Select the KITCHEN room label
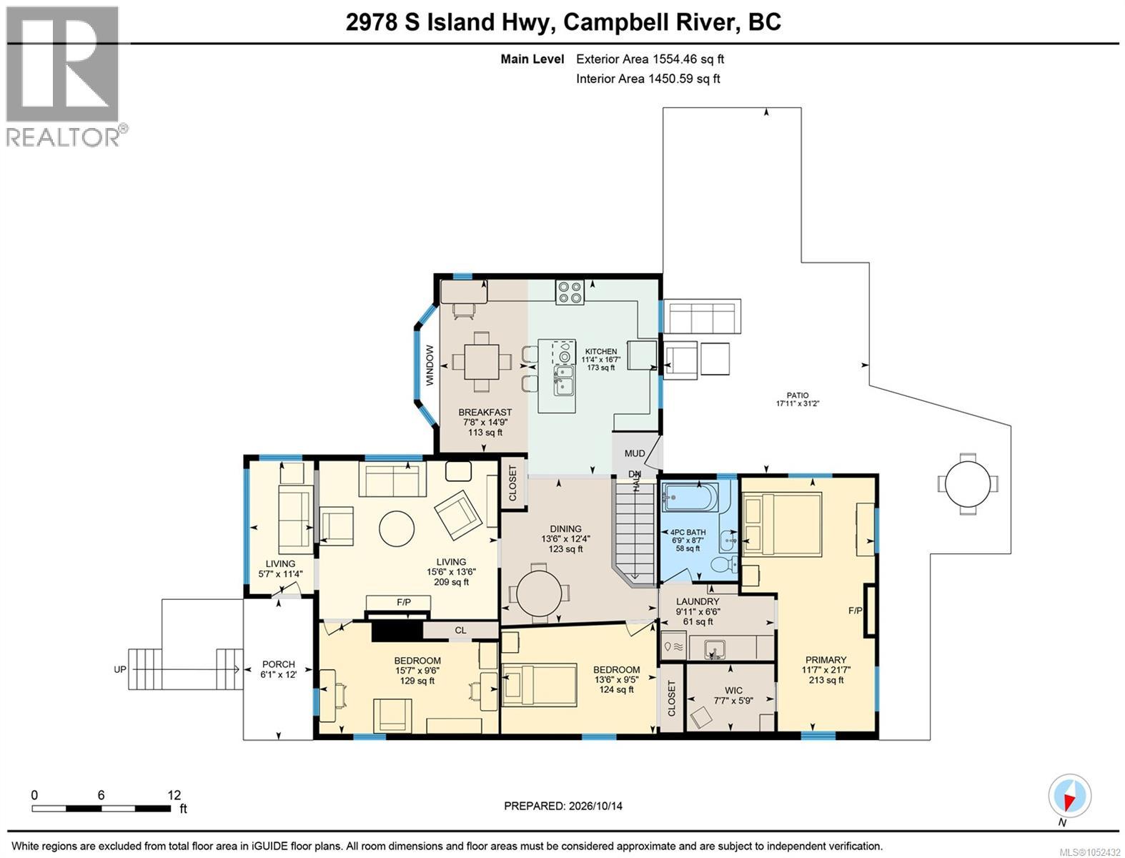coord(600,352)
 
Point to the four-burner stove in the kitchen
coord(570,292)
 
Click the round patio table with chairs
coord(967,484)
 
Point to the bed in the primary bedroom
coord(781,524)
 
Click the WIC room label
coord(733,691)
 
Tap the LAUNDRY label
coord(697,601)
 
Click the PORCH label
coord(278,664)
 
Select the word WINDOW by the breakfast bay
coord(430,365)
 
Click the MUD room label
coord(635,453)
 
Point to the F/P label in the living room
coord(403,602)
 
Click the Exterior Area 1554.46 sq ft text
coord(650,59)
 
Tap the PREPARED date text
coord(562,805)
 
